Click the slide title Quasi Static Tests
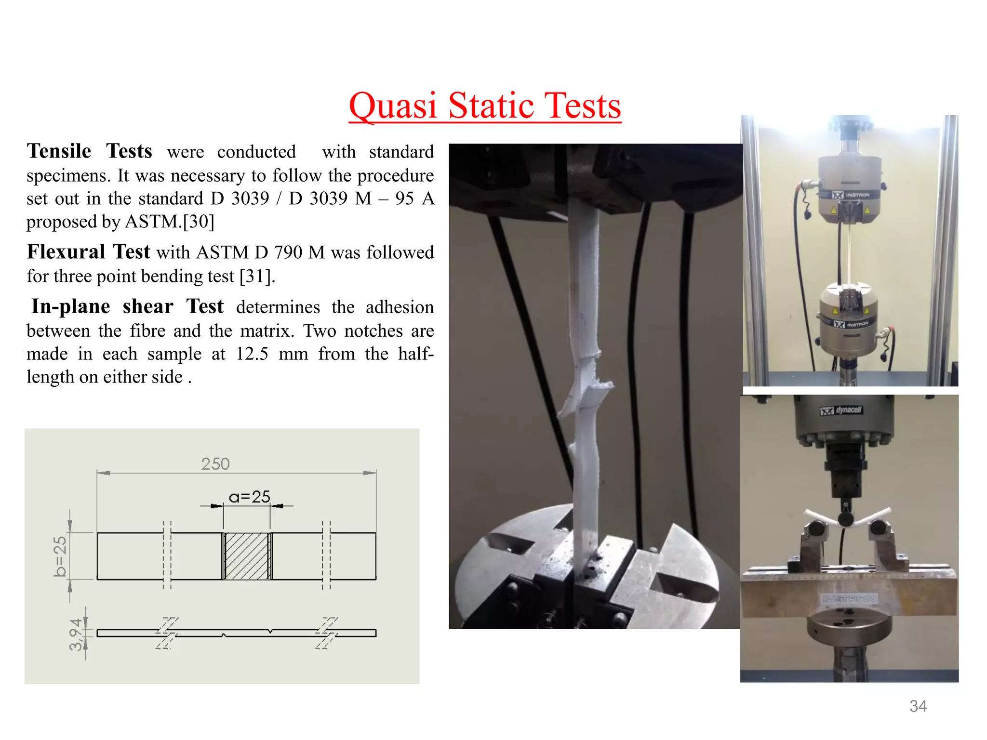point(485,106)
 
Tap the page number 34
point(918,706)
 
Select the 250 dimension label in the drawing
point(215,464)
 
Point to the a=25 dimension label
point(249,497)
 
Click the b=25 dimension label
point(60,556)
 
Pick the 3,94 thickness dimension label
point(76,634)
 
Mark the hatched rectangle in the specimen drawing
point(247,556)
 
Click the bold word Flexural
point(66,252)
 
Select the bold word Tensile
point(59,151)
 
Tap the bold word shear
point(148,307)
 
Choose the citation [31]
point(257,277)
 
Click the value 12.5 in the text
point(252,354)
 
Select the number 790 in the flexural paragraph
point(288,252)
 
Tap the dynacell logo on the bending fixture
point(841,410)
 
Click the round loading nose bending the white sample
point(846,519)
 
